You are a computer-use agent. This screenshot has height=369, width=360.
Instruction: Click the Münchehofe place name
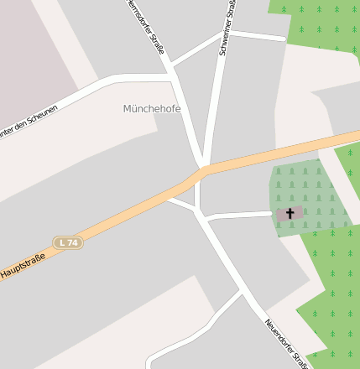(152, 109)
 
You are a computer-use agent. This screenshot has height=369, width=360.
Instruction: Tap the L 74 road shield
(68, 242)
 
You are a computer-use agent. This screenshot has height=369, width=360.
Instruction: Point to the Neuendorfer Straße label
(285, 342)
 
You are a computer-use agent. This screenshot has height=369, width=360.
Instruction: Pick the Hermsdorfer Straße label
(145, 25)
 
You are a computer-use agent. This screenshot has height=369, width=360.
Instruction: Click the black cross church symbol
(290, 214)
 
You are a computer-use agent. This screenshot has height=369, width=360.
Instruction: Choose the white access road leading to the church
(239, 216)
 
